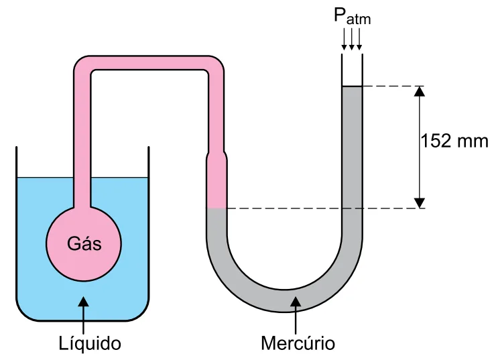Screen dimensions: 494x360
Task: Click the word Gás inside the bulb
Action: [x=84, y=243]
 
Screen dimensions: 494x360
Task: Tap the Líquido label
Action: [x=90, y=343]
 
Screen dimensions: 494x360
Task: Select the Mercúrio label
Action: [x=298, y=343]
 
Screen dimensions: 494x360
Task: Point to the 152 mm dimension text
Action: [x=454, y=141]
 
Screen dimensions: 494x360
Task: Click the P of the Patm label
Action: [x=340, y=15]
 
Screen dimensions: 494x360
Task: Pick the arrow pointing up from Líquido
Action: [x=84, y=315]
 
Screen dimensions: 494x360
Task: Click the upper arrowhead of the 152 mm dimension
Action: [x=420, y=91]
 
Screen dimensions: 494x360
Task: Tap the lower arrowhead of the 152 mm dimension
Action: [x=420, y=203]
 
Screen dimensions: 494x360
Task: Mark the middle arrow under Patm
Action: [x=352, y=39]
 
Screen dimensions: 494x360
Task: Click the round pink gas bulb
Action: [x=84, y=243]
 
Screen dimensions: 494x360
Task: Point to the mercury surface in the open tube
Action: [x=352, y=86]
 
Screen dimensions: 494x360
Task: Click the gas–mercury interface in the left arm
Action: [x=217, y=208]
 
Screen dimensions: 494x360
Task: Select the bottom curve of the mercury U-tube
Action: [x=284, y=300]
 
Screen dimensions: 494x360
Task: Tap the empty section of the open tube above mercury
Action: [x=352, y=70]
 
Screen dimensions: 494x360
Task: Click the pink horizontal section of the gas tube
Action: [x=149, y=63]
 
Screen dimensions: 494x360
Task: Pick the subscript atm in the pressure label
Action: [x=359, y=19]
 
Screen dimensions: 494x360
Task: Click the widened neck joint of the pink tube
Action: [x=217, y=156]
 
